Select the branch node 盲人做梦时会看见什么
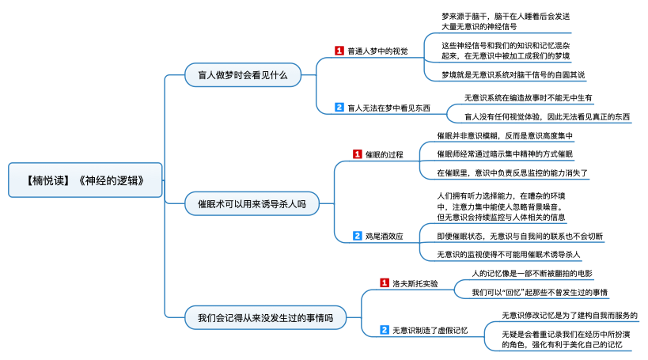(237, 77)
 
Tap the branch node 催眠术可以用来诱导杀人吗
(252, 203)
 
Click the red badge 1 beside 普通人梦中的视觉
(339, 51)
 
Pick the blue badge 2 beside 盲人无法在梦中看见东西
(339, 108)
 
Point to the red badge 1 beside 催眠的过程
(357, 154)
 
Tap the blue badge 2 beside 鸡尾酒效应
(357, 236)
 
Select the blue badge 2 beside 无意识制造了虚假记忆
(385, 330)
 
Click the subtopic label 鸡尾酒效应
(384, 236)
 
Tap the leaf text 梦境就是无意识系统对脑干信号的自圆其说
(513, 75)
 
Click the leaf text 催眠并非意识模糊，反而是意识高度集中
(505, 136)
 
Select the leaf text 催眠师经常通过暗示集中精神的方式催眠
(505, 153)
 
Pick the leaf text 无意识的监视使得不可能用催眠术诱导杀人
(509, 255)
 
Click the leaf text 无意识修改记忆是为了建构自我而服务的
(569, 315)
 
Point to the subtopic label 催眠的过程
(384, 154)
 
